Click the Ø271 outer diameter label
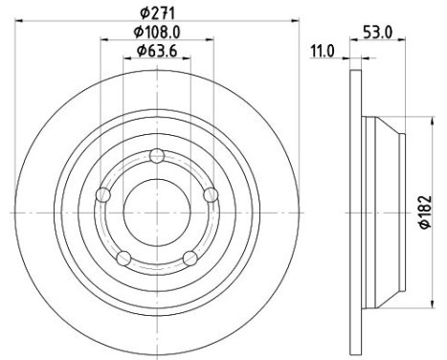pos(159,11)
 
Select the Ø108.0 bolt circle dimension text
pos(158,32)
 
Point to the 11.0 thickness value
pos(322,51)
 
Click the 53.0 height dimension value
pos(379,32)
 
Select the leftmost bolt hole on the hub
pos(104,195)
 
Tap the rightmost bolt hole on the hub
pos(211,194)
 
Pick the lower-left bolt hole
pos(123,257)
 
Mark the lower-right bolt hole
pos(190,257)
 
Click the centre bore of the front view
pos(158,211)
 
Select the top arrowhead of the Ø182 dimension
pos(413,120)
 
